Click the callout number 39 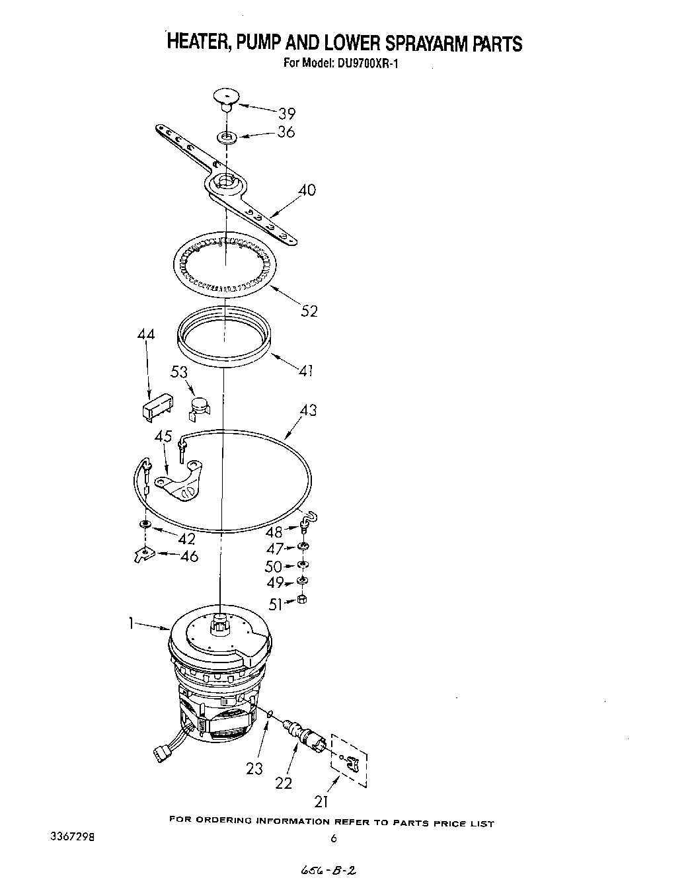click(x=286, y=112)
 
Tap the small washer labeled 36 click(x=227, y=138)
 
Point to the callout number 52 click(x=309, y=310)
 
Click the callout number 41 click(x=305, y=371)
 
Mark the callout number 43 click(x=308, y=410)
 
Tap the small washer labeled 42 click(x=145, y=524)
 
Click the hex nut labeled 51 click(x=302, y=600)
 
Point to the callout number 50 click(x=272, y=567)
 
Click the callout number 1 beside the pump click(x=132, y=623)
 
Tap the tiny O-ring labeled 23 click(x=270, y=713)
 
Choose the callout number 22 click(x=284, y=783)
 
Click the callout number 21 click(x=321, y=802)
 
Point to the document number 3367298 click(x=72, y=837)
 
